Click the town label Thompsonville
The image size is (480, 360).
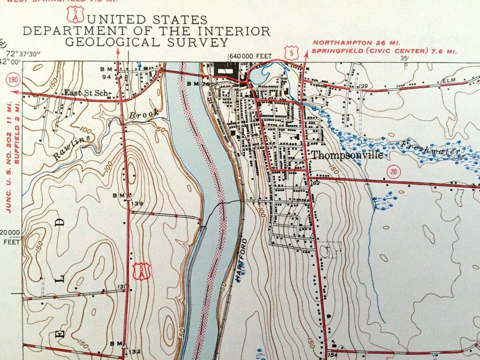[x=347, y=155]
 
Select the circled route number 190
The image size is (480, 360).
[x=12, y=80]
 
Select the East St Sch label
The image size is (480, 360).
[x=87, y=93]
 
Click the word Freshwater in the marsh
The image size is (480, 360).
[x=429, y=148]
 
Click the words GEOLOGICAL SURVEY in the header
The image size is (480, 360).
[x=147, y=42]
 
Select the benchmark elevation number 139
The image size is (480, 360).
[x=137, y=204]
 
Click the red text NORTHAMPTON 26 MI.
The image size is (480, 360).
[x=356, y=43]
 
